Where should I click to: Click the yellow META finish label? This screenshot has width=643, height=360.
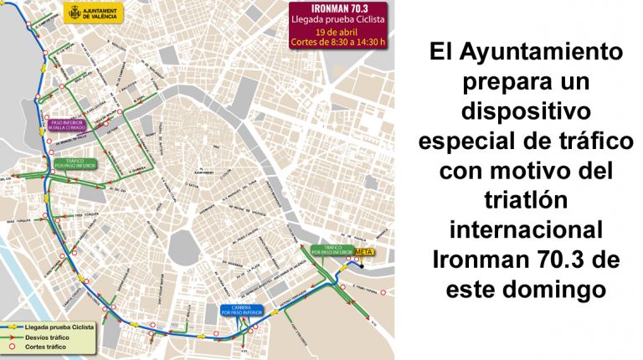coord(364,251)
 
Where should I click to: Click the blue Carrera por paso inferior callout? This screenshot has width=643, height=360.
coord(243,310)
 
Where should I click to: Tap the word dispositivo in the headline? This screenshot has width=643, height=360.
coord(527,111)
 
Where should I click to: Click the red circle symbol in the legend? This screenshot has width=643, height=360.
coord(12,346)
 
